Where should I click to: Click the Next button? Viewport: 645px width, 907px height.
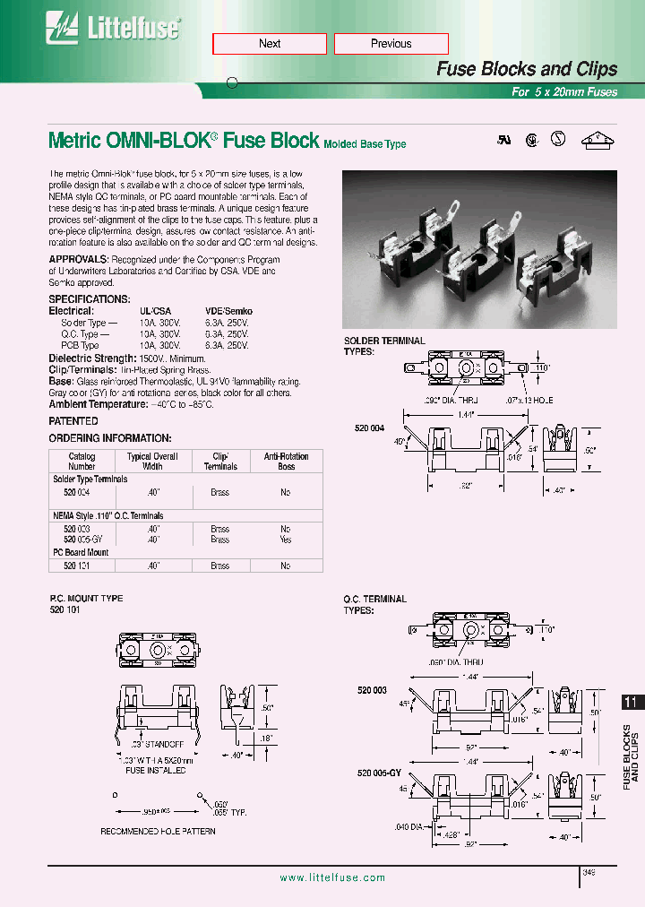tap(270, 44)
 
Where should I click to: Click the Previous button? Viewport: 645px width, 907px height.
tap(391, 44)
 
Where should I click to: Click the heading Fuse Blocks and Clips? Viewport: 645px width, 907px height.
tap(526, 69)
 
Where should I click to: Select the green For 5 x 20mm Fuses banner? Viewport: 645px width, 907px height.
tap(564, 91)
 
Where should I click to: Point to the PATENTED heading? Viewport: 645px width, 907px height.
tap(73, 420)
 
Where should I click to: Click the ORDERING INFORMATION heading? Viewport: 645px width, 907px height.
tap(109, 438)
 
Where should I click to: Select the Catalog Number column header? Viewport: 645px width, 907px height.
tap(82, 461)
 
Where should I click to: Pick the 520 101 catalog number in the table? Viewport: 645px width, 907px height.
tap(77, 566)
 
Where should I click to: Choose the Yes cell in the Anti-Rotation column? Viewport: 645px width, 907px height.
tap(285, 540)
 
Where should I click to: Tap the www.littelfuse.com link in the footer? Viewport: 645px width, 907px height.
tap(332, 878)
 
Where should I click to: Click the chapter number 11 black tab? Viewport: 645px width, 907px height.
tap(631, 704)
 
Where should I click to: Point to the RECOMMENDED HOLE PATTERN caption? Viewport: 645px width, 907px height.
tap(158, 831)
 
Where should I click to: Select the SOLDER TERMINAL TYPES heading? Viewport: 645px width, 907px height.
tap(384, 346)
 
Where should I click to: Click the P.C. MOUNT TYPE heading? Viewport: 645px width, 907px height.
tap(86, 598)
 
